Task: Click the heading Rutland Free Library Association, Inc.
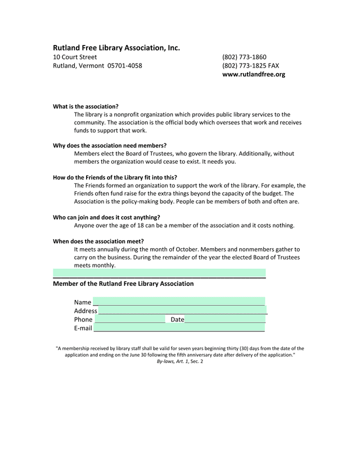(116, 48)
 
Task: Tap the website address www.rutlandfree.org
(254, 74)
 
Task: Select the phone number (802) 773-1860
(244, 57)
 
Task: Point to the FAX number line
(250, 66)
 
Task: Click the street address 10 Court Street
(75, 57)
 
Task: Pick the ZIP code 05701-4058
(125, 66)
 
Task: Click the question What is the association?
(85, 106)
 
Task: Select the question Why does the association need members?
(110, 145)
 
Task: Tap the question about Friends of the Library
(115, 177)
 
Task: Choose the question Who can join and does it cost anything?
(106, 217)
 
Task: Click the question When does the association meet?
(98, 241)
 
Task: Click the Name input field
(179, 302)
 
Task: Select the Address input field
(183, 310)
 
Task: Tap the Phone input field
(130, 319)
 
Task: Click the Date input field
(225, 319)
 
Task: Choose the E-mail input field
(179, 328)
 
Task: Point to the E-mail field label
(83, 328)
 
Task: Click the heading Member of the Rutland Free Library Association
(123, 284)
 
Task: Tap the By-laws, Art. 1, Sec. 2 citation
(180, 361)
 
